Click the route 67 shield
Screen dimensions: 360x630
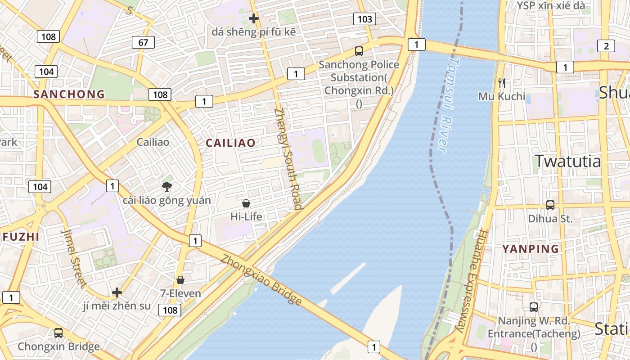click(x=143, y=43)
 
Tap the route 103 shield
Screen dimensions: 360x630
click(x=364, y=19)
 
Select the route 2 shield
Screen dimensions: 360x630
click(x=606, y=46)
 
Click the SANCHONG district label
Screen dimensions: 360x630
click(x=69, y=94)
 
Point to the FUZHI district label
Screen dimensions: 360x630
click(x=21, y=237)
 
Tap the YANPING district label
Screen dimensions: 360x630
click(x=531, y=248)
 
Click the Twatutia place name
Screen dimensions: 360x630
click(x=567, y=161)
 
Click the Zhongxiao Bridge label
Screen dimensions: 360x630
click(x=261, y=280)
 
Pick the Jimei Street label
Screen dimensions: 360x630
click(x=73, y=258)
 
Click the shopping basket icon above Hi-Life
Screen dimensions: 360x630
click(x=246, y=203)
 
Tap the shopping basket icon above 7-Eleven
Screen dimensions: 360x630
click(x=180, y=280)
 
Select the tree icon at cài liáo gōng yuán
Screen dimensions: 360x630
click(x=167, y=186)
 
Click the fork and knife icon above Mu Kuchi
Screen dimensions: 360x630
click(x=502, y=83)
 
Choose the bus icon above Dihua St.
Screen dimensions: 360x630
click(x=550, y=205)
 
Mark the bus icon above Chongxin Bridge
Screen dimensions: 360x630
click(x=58, y=333)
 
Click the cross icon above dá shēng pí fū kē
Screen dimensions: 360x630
click(x=254, y=18)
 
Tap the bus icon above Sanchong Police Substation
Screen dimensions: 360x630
click(x=359, y=51)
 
